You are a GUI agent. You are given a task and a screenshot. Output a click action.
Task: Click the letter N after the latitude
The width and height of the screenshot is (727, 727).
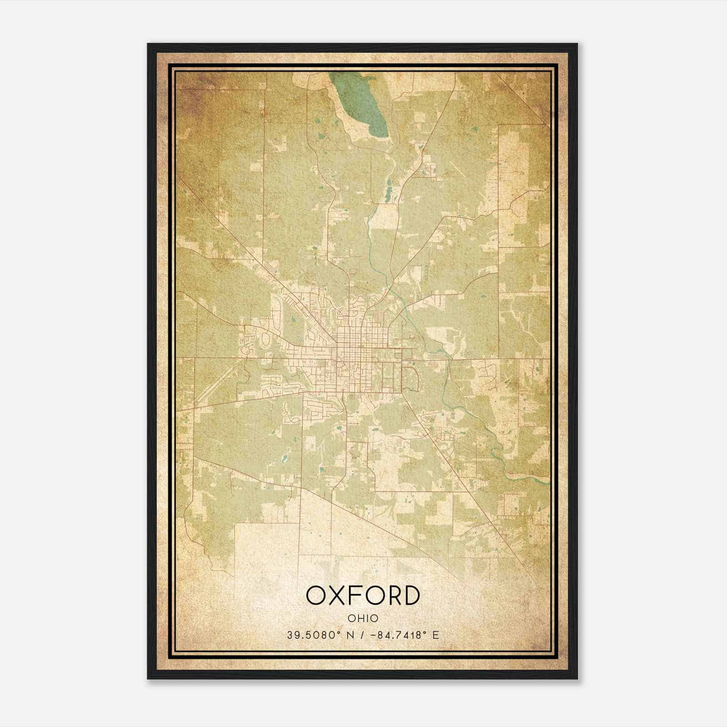tap(350, 635)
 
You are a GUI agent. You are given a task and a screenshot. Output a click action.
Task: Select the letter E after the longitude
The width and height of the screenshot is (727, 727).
tap(436, 635)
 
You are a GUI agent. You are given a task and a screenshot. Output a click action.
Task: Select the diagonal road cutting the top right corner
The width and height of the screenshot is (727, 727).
tap(523, 98)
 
